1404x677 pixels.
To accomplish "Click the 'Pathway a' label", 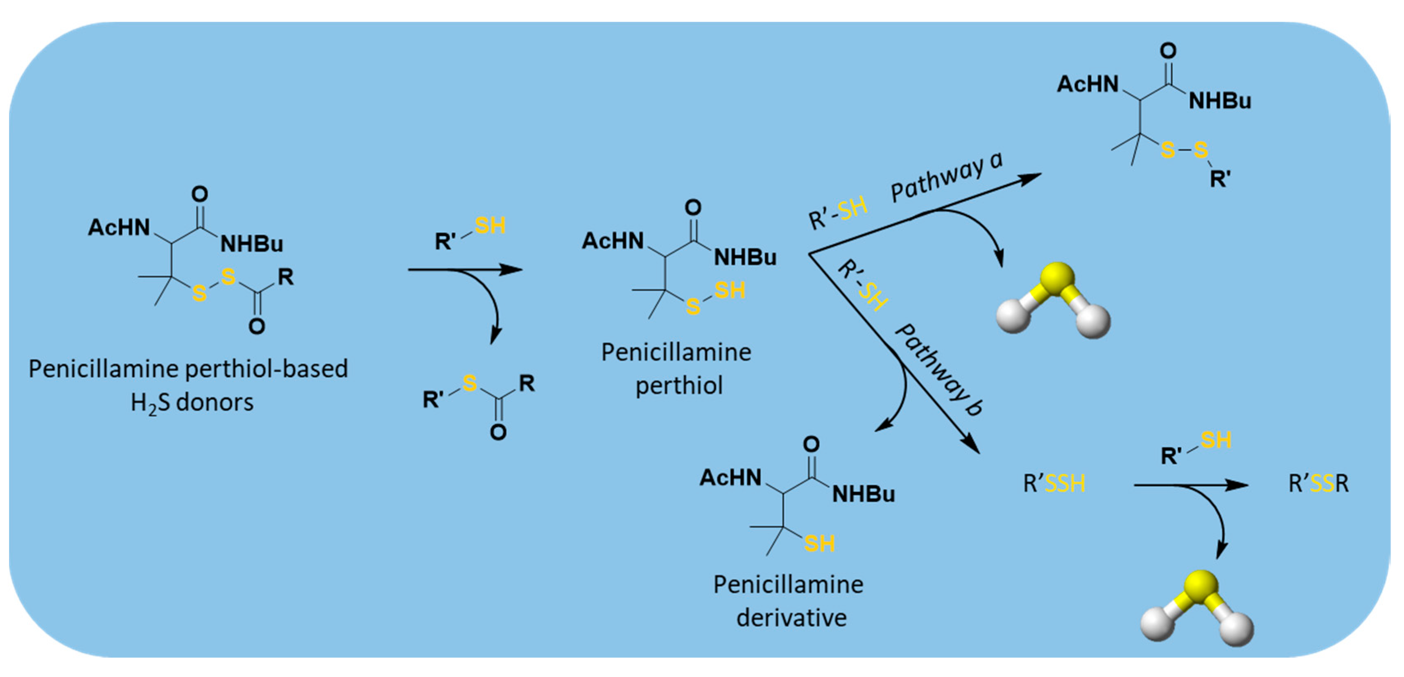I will pyautogui.click(x=946, y=178).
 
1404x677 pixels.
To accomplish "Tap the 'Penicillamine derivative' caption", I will pyautogui.click(x=789, y=601).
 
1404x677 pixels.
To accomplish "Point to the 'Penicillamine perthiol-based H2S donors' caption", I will pyautogui.click(x=188, y=385).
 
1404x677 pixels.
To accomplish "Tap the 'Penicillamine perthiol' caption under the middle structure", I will pyautogui.click(x=676, y=369).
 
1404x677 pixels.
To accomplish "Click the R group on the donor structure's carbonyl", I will pyautogui.click(x=286, y=277).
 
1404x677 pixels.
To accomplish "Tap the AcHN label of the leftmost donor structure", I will pyautogui.click(x=119, y=227).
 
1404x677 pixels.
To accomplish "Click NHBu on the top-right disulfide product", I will pyautogui.click(x=1220, y=101).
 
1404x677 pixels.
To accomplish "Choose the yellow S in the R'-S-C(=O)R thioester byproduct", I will pyautogui.click(x=469, y=383).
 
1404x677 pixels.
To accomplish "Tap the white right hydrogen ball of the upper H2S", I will pyautogui.click(x=1093, y=321).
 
